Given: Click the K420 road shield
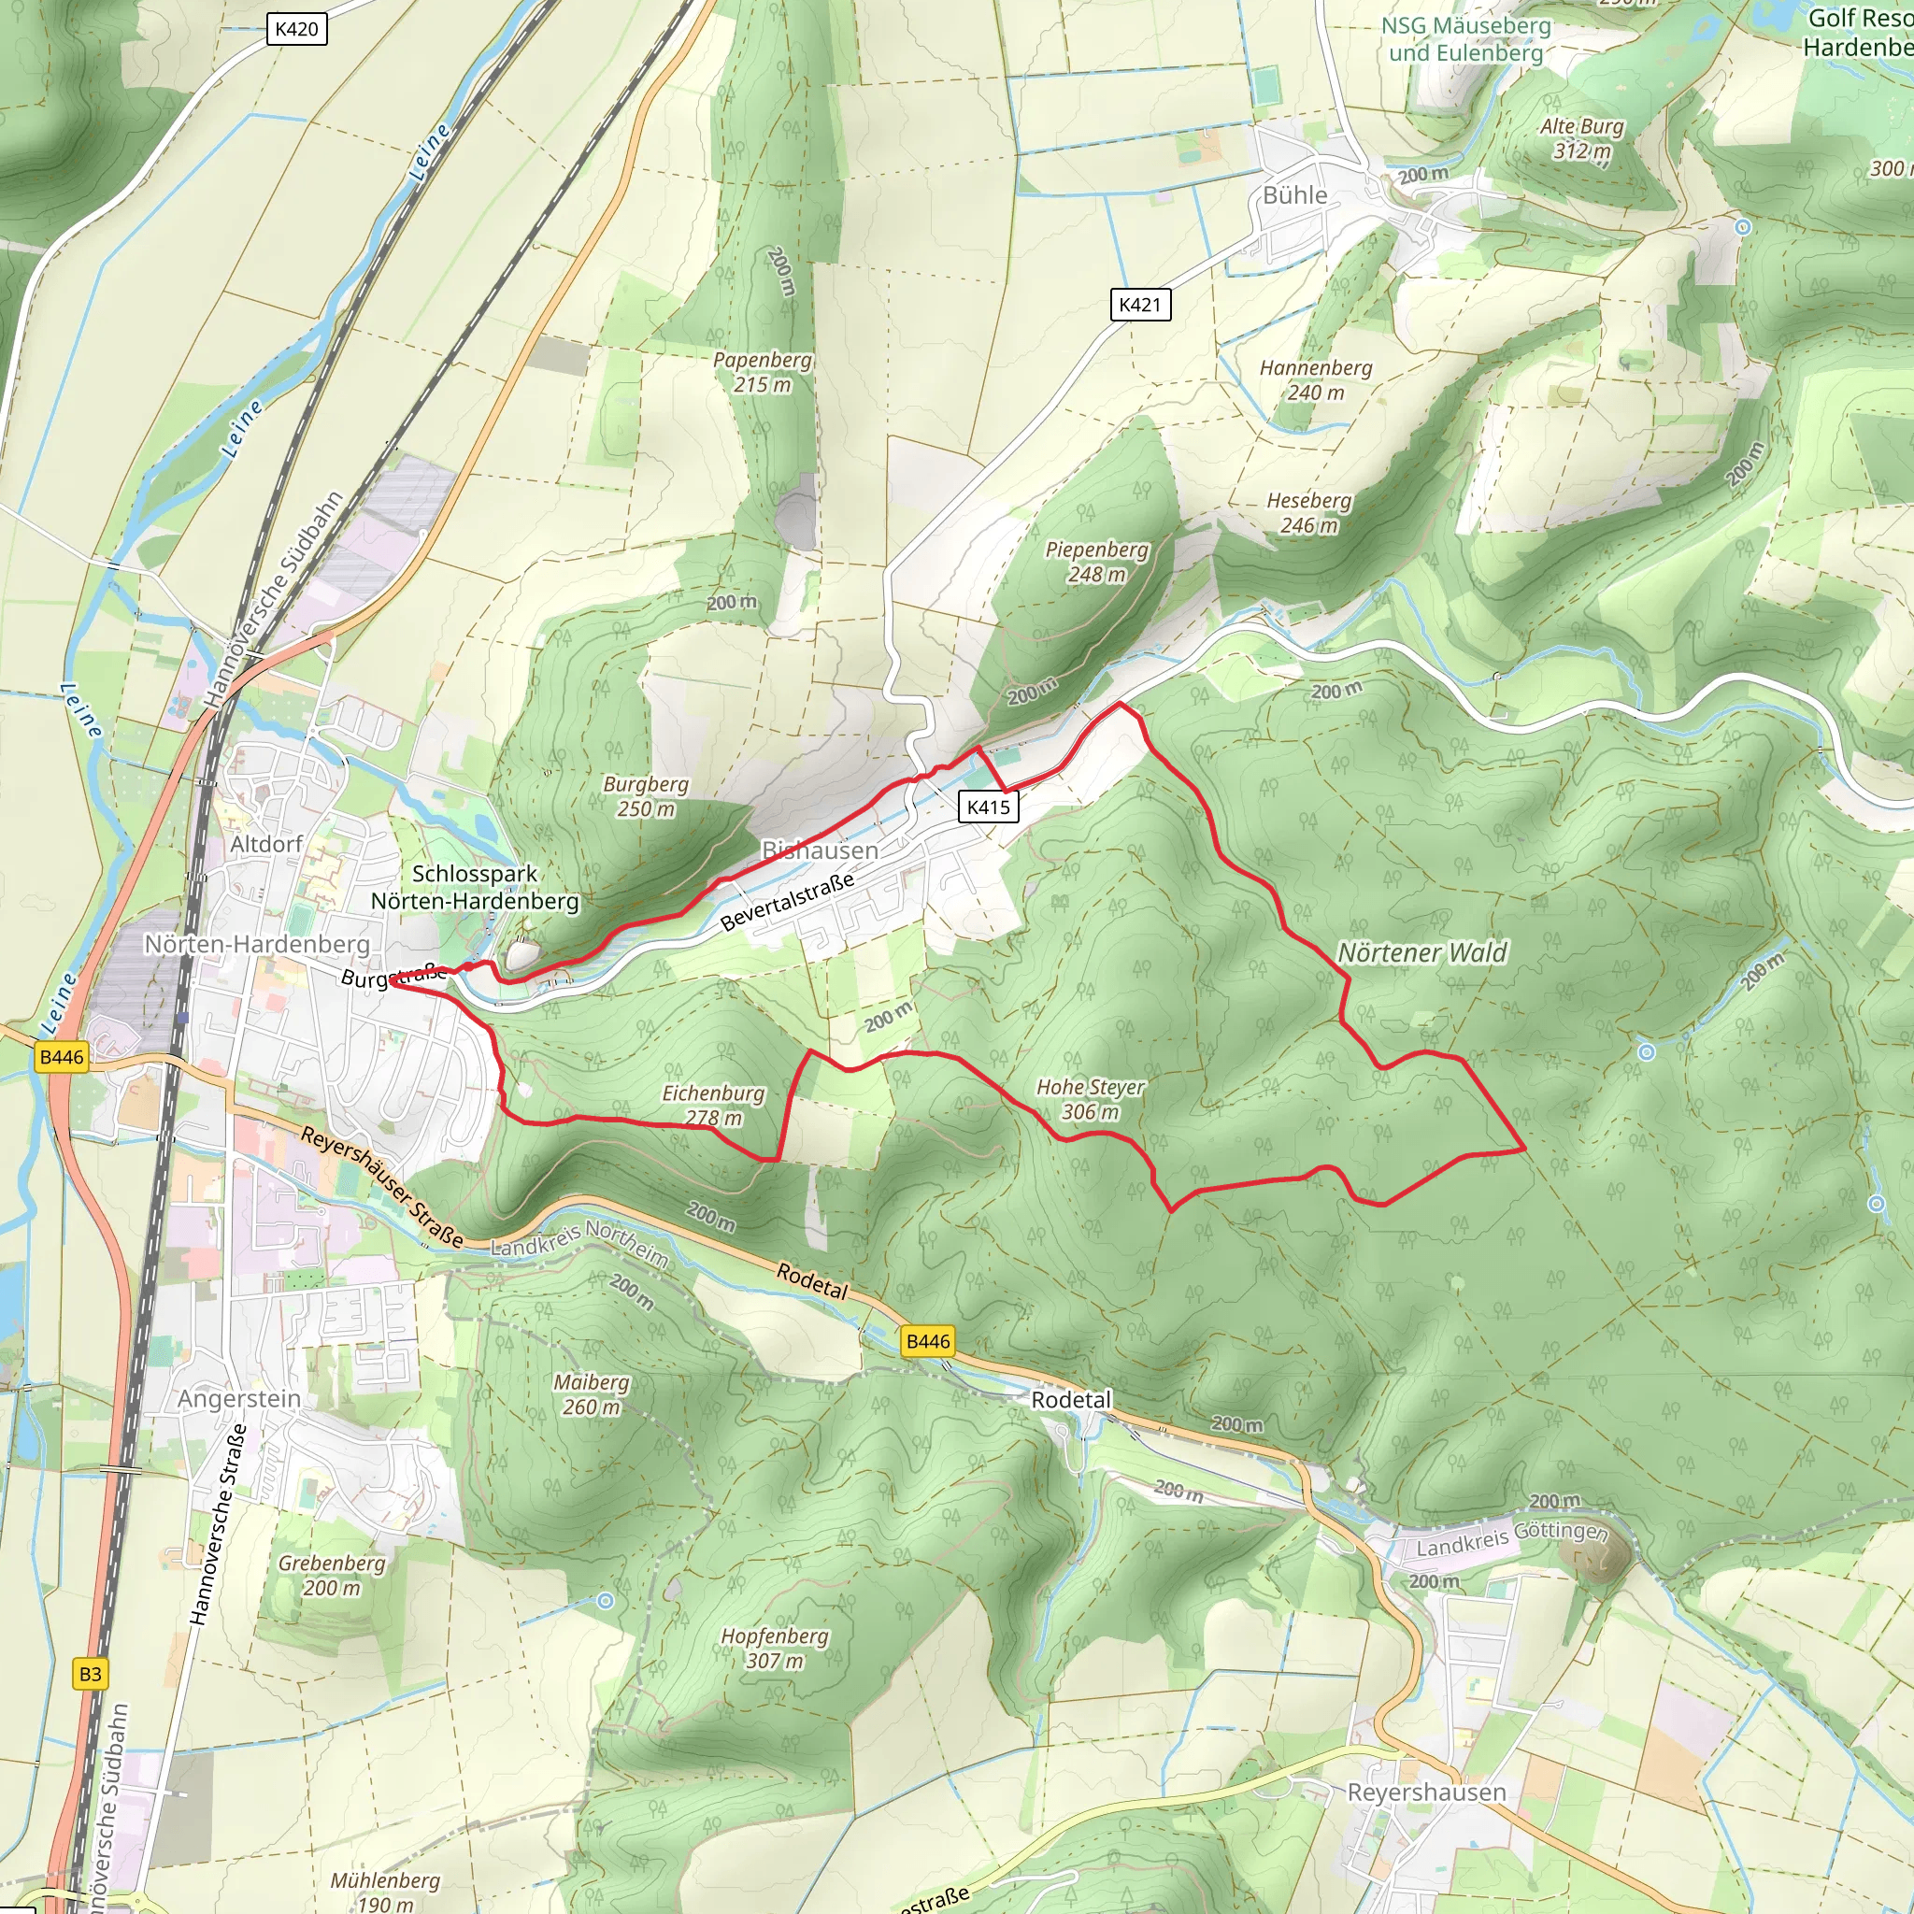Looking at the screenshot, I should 296,29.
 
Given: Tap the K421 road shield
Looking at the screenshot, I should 1139,304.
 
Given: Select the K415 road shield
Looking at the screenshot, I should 988,807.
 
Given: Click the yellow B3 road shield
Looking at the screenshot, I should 90,1673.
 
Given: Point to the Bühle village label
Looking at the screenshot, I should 1294,195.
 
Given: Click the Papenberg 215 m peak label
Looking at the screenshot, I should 762,373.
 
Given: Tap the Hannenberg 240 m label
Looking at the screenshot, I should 1316,379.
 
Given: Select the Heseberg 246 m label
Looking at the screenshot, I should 1308,513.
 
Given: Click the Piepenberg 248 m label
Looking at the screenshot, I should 1096,562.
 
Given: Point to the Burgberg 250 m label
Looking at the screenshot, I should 646,796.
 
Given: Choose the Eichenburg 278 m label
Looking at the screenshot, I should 713,1105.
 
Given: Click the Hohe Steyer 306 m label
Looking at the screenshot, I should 1090,1099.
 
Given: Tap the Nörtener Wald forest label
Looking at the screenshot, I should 1421,952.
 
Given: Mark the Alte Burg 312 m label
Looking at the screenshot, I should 1581,138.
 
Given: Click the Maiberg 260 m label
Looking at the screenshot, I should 592,1393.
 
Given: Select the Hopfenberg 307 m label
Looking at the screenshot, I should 774,1648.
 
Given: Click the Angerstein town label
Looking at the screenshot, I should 238,1399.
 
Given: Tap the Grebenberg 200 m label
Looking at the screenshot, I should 331,1575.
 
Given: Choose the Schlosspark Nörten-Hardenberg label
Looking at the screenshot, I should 475,888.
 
